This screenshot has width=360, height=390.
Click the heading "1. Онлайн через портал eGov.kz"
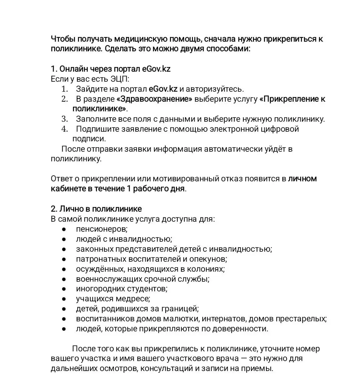click(x=110, y=69)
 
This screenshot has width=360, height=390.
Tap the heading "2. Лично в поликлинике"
click(x=96, y=209)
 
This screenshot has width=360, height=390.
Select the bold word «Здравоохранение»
click(x=154, y=99)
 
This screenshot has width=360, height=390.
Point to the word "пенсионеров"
click(x=101, y=229)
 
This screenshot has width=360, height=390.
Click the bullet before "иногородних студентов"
click(x=64, y=289)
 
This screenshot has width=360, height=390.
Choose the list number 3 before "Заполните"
click(x=64, y=119)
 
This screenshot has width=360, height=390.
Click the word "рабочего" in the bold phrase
click(x=151, y=189)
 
